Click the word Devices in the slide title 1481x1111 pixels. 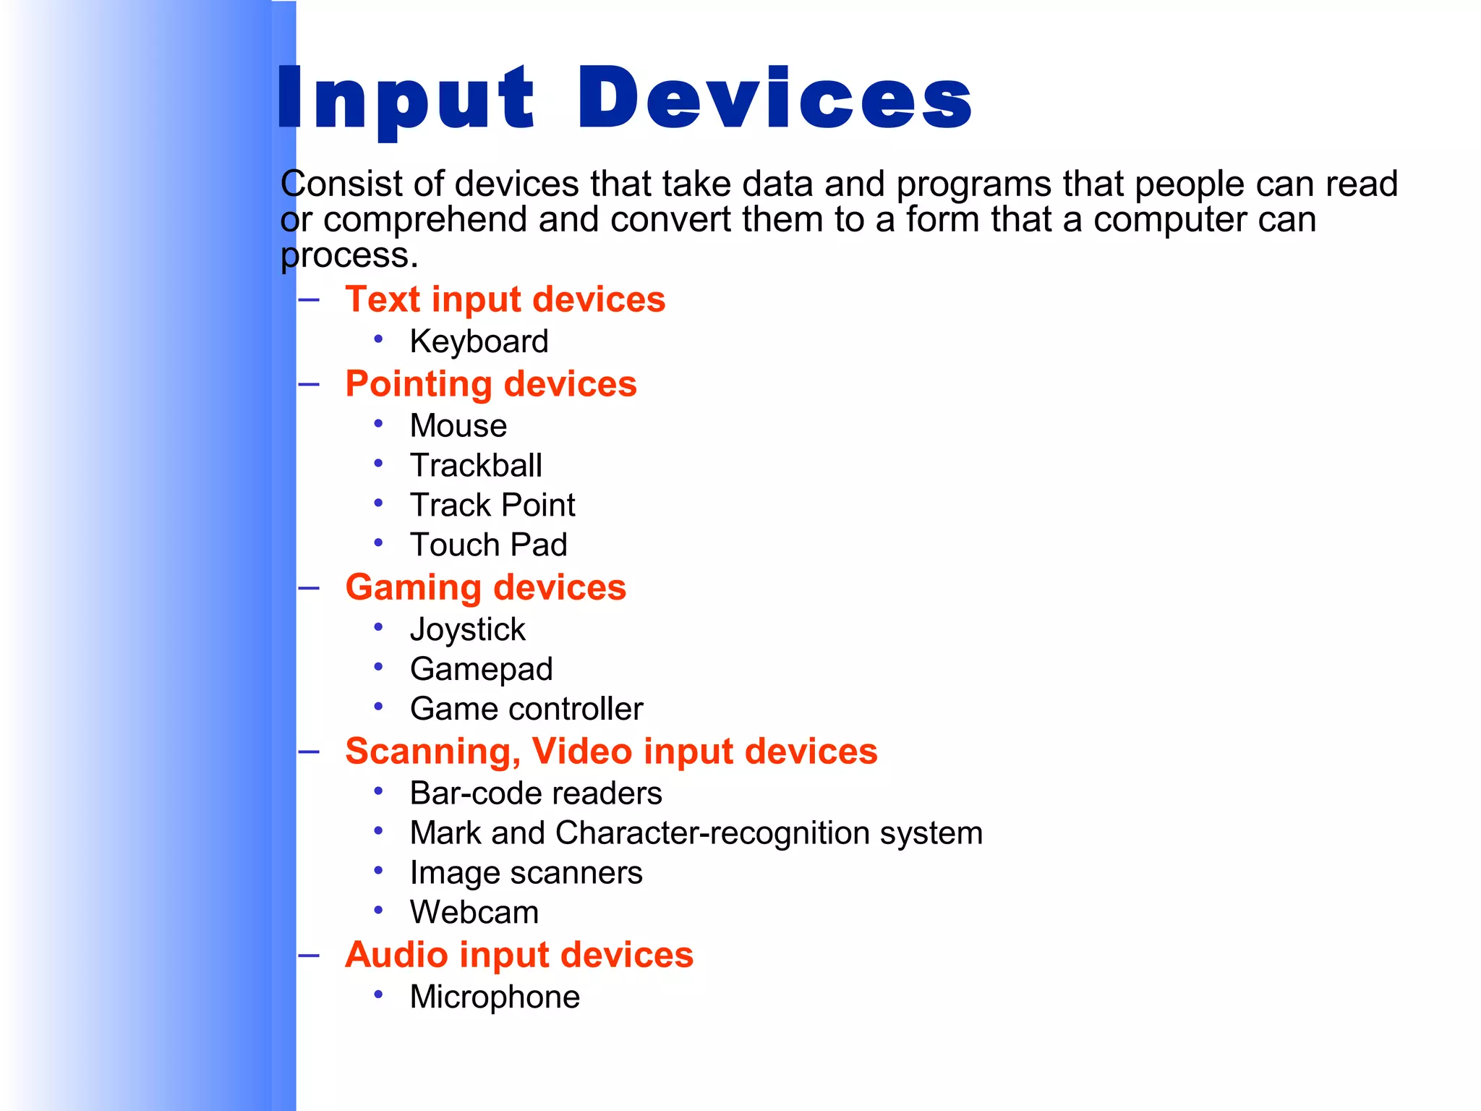tap(774, 98)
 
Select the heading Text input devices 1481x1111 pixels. tap(505, 299)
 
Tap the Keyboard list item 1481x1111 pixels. tap(479, 341)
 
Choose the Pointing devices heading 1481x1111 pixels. tap(491, 384)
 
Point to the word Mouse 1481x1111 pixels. tap(458, 426)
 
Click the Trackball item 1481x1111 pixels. tap(476, 466)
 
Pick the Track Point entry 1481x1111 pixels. tap(492, 506)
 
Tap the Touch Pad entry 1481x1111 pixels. tap(488, 545)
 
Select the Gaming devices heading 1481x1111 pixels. tap(485, 587)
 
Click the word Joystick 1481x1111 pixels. tap(467, 630)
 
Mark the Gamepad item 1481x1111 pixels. tap(481, 669)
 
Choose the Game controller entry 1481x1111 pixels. tap(526, 709)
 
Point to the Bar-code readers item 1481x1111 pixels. tap(535, 793)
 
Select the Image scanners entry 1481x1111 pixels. tap(526, 873)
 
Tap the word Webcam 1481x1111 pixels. tap(474, 913)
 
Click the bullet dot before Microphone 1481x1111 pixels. tap(378, 995)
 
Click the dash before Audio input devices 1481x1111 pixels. tap(309, 955)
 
